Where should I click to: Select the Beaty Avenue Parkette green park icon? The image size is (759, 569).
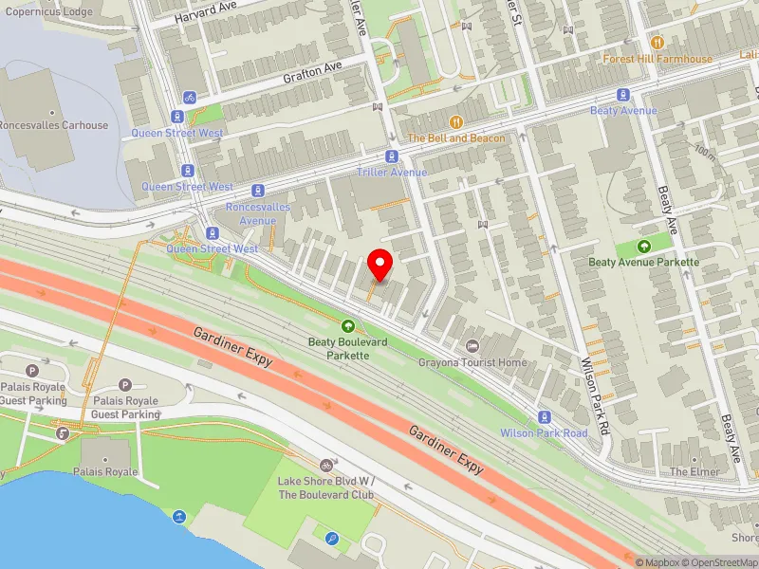pyautogui.click(x=644, y=247)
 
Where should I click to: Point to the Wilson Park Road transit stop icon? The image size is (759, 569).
pyautogui.click(x=544, y=417)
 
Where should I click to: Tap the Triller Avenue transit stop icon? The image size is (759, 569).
pyautogui.click(x=391, y=156)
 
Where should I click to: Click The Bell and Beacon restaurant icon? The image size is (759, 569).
pyautogui.click(x=456, y=122)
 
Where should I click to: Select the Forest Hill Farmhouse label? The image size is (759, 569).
pyautogui.click(x=657, y=59)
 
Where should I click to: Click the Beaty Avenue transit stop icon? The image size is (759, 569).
pyautogui.click(x=623, y=95)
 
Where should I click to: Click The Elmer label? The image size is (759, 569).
pyautogui.click(x=689, y=471)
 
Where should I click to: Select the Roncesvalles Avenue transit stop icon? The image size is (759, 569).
pyautogui.click(x=257, y=192)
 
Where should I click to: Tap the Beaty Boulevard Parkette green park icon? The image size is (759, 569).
pyautogui.click(x=346, y=325)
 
